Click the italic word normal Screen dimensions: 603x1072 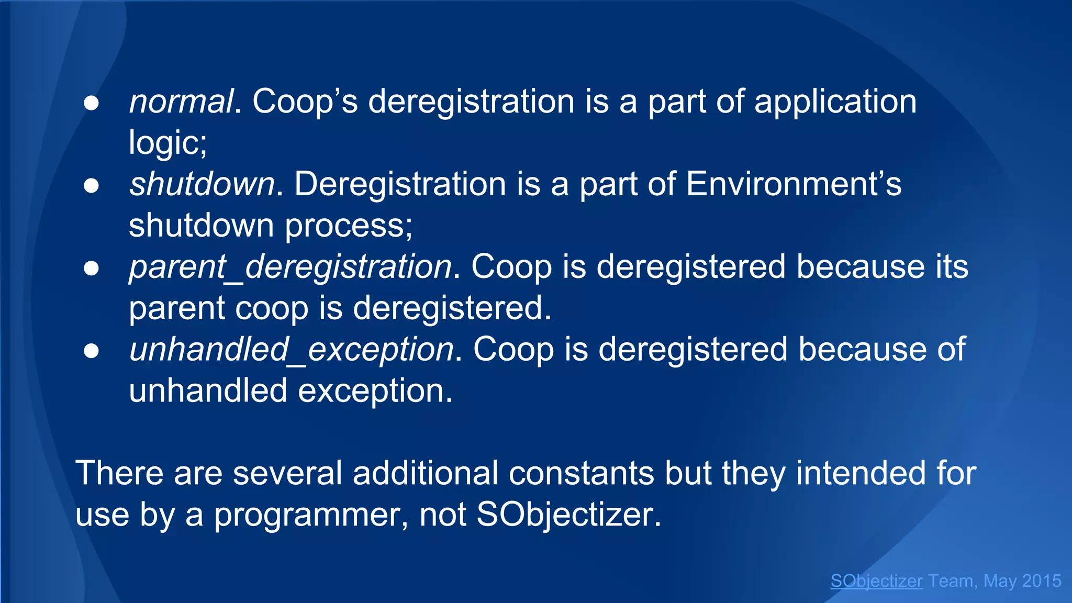point(181,102)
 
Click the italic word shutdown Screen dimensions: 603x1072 point(202,184)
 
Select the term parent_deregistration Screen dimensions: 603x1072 point(290,267)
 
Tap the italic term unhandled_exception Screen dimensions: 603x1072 point(291,350)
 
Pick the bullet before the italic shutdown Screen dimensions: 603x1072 point(91,186)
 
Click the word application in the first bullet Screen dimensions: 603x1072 point(835,102)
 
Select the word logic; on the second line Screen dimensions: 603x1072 point(168,143)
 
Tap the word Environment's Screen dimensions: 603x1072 point(794,184)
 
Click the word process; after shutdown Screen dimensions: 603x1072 point(349,226)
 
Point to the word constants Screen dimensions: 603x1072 point(581,473)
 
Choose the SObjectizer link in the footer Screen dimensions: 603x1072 point(876,581)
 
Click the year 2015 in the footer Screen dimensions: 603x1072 point(1042,581)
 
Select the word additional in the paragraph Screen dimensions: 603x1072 point(425,473)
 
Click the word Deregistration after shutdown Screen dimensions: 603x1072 point(400,184)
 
